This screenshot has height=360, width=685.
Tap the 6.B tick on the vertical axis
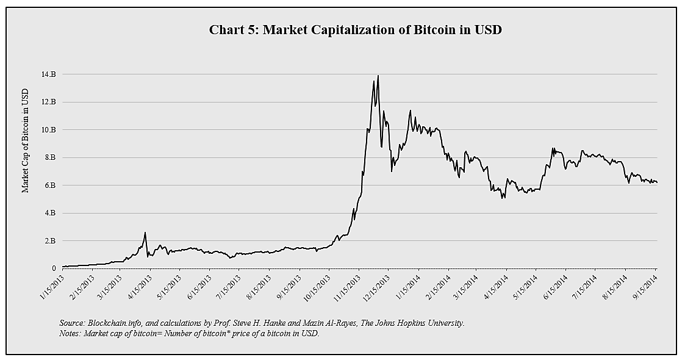click(x=51, y=185)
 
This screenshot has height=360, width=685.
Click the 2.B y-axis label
click(x=51, y=241)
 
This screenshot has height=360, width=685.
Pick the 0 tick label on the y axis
click(x=54, y=268)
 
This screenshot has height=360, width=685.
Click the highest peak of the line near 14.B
click(x=378, y=76)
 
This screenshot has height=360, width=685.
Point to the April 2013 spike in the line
click(x=145, y=232)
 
